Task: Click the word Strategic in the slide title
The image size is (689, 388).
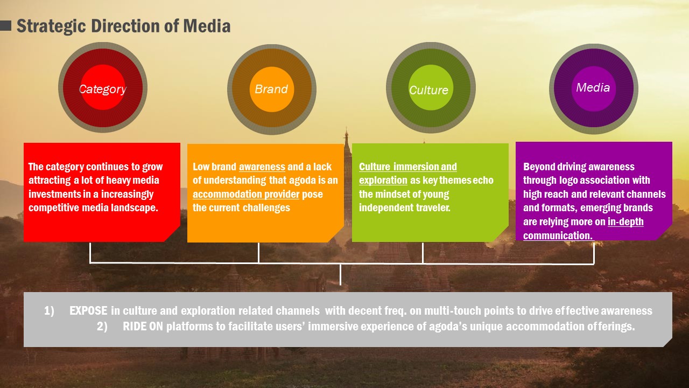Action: point(51,26)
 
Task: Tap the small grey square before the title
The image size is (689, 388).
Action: point(5,26)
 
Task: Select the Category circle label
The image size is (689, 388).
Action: point(102,89)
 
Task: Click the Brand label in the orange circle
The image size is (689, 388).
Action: point(271,89)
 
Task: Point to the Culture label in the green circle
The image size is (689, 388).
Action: point(429,90)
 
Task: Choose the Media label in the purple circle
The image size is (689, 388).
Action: point(593,87)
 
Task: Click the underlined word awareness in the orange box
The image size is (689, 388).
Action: point(262,167)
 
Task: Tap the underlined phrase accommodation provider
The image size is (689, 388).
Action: point(246,195)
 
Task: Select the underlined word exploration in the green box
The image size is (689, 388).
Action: point(383,181)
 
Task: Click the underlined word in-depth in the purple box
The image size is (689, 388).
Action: point(625,221)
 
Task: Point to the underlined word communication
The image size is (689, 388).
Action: point(558,236)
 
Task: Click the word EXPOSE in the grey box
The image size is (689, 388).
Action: point(89,311)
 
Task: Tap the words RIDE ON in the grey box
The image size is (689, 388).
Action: point(143,327)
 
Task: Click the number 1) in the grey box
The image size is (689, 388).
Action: point(49,311)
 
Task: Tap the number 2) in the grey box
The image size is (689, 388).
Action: point(102,327)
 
